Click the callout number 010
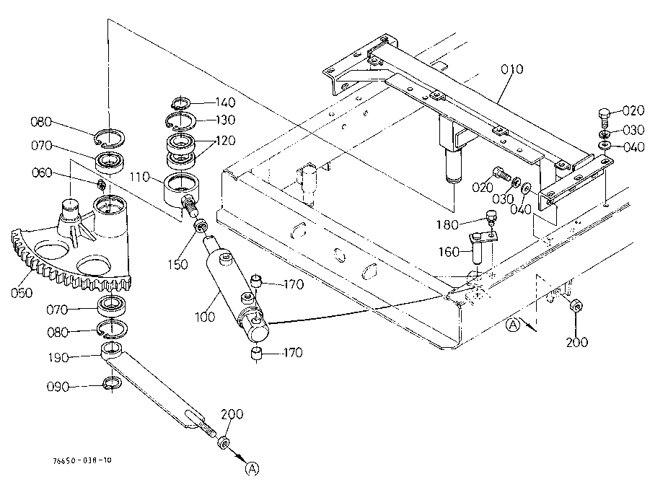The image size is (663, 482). click(512, 69)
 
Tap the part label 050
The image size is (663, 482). click(22, 292)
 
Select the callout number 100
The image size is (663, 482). click(205, 317)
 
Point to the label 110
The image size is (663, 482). click(140, 177)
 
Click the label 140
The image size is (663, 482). click(225, 102)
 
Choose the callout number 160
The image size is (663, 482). click(449, 252)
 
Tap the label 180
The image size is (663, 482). click(447, 224)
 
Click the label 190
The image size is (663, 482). click(58, 358)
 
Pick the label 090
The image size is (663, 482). click(58, 387)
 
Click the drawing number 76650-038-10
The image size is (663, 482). click(82, 460)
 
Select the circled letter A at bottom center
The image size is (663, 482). click(252, 468)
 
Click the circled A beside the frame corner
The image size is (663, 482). click(513, 325)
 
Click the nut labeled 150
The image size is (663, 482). click(200, 226)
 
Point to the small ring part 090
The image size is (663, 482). click(113, 382)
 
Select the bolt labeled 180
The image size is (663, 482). click(491, 216)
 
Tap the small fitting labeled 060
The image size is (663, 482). click(101, 184)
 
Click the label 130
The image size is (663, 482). click(225, 120)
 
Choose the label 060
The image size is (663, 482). click(42, 173)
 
